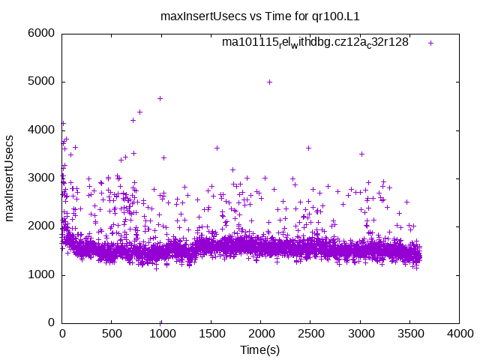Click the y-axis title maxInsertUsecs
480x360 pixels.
10,178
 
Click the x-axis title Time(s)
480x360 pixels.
260,350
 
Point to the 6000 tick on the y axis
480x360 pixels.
41,33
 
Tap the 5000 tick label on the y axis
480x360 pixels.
41,82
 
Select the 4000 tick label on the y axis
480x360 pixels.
41,130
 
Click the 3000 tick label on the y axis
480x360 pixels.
41,178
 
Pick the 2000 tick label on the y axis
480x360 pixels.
41,226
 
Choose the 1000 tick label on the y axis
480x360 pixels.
41,274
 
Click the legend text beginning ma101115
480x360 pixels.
315,43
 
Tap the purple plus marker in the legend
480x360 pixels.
430,43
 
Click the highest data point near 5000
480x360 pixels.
269,82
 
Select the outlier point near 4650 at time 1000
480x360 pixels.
160,98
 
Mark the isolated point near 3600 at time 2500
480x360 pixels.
308,148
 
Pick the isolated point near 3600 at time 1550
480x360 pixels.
217,148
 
